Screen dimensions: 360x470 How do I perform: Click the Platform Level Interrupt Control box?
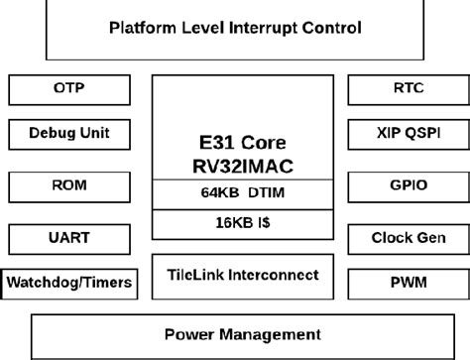(x=234, y=28)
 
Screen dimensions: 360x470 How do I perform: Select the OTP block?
(x=69, y=89)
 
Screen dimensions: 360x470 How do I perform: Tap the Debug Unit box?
(x=69, y=133)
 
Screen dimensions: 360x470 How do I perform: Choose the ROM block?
(x=69, y=185)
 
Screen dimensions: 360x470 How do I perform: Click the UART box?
(x=69, y=238)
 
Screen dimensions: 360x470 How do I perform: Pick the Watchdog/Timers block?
(x=69, y=284)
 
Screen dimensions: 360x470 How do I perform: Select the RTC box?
(x=402, y=89)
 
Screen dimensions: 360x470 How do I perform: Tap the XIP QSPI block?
(x=402, y=133)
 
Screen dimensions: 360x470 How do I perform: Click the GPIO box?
(x=402, y=185)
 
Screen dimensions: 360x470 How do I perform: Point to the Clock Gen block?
(x=402, y=238)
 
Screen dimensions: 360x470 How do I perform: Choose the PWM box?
(x=402, y=284)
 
